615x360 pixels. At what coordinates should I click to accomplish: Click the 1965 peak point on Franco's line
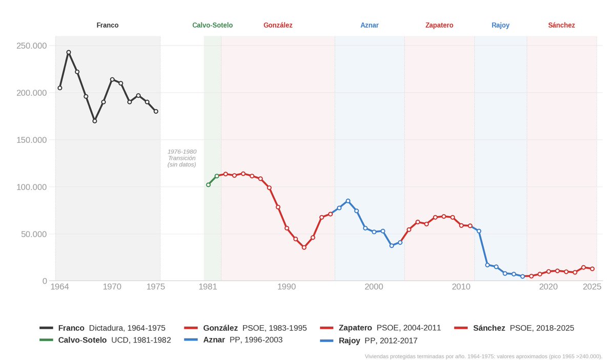[x=69, y=52]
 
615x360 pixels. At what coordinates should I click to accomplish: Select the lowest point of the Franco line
[x=95, y=121]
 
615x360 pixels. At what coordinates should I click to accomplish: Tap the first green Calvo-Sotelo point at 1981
[x=209, y=185]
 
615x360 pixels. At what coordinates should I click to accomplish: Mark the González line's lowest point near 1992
[x=304, y=247]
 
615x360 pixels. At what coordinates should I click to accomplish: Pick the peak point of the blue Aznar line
[x=348, y=201]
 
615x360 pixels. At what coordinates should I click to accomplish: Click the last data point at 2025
[x=592, y=269]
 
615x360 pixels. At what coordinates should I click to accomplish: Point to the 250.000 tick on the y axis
[x=32, y=46]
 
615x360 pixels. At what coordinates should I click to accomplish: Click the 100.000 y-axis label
[x=32, y=187]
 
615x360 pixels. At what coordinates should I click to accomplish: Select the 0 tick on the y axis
[x=45, y=281]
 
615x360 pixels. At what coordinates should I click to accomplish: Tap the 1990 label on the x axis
[x=286, y=287]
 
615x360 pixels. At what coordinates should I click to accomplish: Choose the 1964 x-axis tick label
[x=59, y=287]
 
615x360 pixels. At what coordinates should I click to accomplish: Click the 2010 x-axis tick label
[x=461, y=287]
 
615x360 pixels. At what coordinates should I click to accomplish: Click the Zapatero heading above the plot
[x=439, y=25]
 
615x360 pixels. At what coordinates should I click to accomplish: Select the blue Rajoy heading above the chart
[x=501, y=25]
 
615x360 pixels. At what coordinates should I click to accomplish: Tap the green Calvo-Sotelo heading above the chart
[x=213, y=25]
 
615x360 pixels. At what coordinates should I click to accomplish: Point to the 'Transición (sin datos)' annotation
[x=182, y=158]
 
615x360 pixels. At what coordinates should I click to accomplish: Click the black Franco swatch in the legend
[x=46, y=328]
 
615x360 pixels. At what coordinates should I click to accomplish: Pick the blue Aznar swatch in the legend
[x=191, y=340]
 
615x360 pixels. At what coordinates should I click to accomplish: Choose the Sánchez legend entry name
[x=489, y=328]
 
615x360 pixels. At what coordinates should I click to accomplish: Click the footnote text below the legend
[x=483, y=356]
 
